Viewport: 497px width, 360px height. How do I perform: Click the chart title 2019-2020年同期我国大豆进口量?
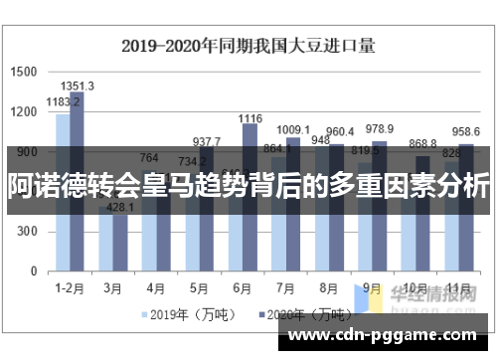point(248,46)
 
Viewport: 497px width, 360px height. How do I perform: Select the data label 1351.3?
point(77,86)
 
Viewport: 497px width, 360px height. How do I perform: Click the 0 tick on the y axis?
point(34,271)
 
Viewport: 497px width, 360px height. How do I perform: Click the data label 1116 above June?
point(250,118)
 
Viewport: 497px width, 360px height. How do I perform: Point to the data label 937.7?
point(207,141)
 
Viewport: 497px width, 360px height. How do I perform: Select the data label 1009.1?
point(293,129)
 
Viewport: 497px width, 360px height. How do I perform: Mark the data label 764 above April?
point(149,157)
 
